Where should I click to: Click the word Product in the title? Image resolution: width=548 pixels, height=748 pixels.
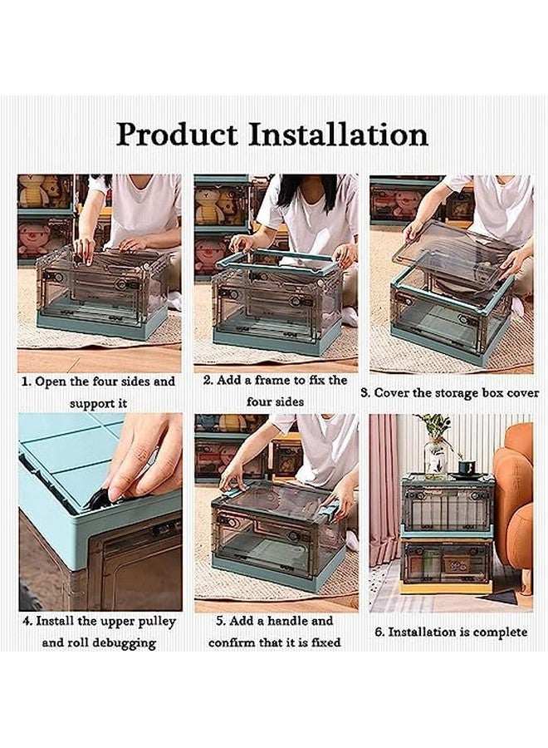[x=177, y=135]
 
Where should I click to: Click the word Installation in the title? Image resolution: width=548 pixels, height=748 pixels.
[x=338, y=135]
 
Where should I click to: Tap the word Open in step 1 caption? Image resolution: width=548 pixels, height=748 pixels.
[x=51, y=382]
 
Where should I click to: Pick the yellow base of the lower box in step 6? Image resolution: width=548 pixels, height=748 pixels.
[x=446, y=587]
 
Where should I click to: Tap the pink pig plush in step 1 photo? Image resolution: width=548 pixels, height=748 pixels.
[x=33, y=239]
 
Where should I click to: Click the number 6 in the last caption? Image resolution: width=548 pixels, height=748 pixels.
[x=379, y=632]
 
